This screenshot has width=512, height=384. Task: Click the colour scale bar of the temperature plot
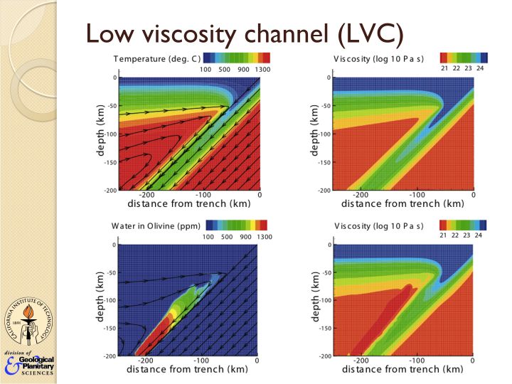237,57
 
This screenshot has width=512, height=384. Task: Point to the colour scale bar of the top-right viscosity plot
464,57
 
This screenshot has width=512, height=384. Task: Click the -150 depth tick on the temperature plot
109,163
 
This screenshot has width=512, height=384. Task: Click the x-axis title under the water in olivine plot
178,370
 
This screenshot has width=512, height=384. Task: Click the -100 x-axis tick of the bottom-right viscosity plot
415,361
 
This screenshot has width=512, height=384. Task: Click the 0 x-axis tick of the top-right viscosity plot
472,194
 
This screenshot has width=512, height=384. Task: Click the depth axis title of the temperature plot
100,132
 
